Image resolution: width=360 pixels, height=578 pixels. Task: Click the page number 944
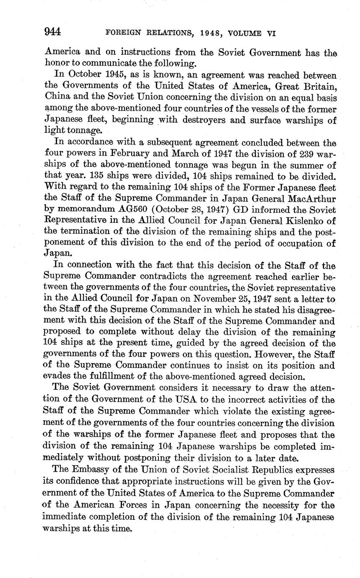[53, 32]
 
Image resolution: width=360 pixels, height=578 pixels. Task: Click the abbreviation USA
[182, 398]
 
